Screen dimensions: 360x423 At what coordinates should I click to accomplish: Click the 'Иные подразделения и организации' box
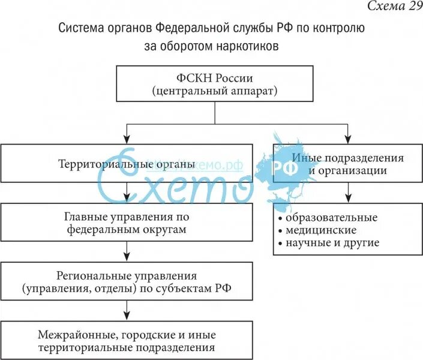click(x=347, y=163)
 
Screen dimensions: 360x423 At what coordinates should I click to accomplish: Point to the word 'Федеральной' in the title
click(x=192, y=28)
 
